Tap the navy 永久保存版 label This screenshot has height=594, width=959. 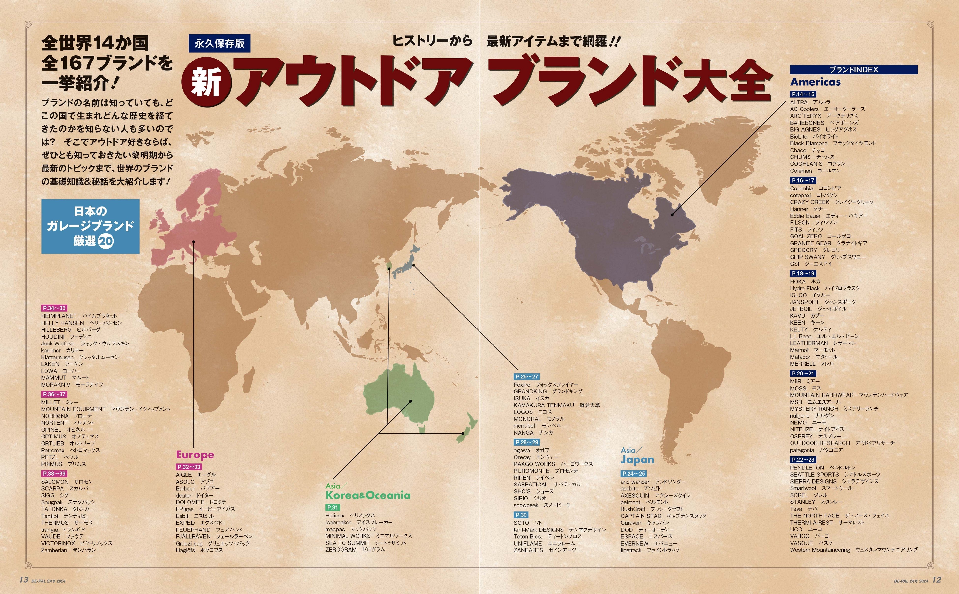click(219, 43)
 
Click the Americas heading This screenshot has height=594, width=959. click(815, 82)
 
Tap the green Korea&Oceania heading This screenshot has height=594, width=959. click(368, 495)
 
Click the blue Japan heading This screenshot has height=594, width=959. click(637, 460)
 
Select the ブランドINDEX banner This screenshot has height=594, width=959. click(854, 70)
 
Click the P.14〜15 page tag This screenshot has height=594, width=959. click(803, 94)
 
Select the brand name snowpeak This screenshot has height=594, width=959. click(526, 505)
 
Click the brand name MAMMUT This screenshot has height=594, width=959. click(54, 377)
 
